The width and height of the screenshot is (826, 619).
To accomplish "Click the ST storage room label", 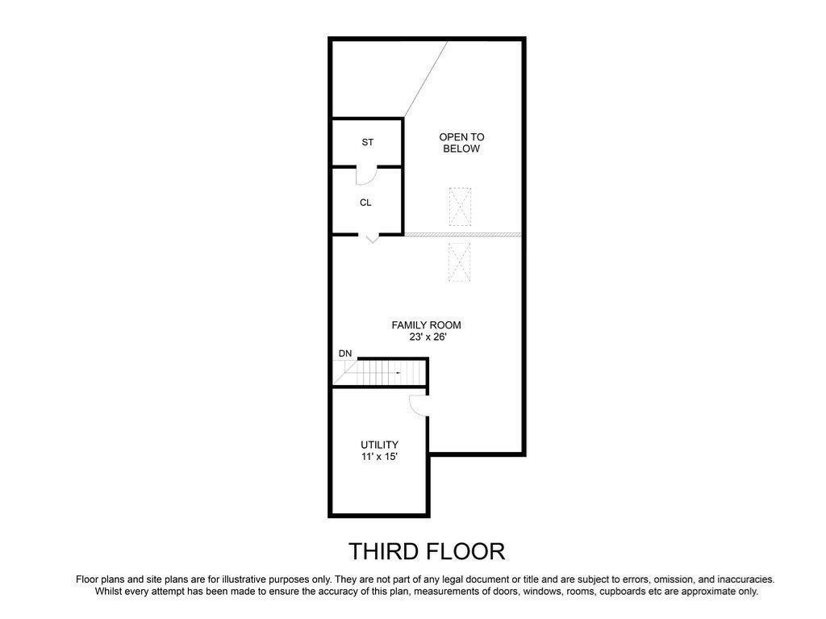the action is click(x=368, y=142).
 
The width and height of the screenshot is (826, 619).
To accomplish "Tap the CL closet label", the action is click(x=365, y=203).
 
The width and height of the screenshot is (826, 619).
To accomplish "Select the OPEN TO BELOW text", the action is click(x=461, y=143).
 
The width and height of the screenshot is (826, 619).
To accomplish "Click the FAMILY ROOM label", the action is click(x=426, y=325).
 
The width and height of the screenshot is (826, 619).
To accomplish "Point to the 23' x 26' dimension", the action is click(x=428, y=337).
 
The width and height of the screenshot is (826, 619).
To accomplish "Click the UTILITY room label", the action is click(x=379, y=445).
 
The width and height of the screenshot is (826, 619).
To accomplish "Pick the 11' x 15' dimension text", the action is click(x=379, y=457).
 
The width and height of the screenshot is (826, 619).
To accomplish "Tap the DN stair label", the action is click(x=345, y=353).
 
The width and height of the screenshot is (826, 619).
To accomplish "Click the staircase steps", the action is click(x=379, y=373).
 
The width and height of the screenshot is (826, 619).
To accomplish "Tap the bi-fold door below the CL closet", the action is click(x=373, y=238).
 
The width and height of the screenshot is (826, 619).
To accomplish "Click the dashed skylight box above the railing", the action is click(x=460, y=207).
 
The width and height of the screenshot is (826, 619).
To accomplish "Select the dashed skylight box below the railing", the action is click(x=459, y=262).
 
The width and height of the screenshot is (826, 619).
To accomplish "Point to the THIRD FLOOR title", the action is click(x=427, y=551).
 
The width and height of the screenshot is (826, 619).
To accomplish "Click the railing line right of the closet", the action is click(x=462, y=235).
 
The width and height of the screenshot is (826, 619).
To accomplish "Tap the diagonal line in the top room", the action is click(x=426, y=79).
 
